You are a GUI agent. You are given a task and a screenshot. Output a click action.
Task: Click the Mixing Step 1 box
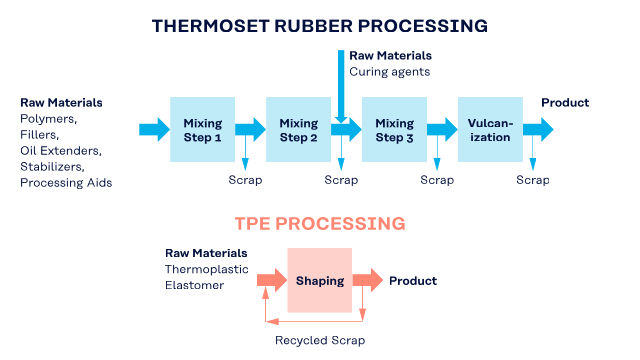coord(202,129)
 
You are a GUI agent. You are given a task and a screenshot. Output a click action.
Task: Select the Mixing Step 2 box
coord(298,129)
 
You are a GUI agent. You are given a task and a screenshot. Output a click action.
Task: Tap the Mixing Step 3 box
coord(394,129)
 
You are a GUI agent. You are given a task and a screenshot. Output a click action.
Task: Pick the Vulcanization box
coord(490,129)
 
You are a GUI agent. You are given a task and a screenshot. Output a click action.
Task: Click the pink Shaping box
coord(320,280)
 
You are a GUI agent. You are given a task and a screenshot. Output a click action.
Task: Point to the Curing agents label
coord(389,72)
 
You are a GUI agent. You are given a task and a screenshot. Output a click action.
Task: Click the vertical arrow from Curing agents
coord(341,86)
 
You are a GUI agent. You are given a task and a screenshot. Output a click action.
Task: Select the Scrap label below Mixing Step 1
coord(245,180)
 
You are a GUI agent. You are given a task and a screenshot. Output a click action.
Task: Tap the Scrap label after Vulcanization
coord(533,180)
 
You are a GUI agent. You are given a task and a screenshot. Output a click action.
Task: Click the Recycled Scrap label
coord(320,340)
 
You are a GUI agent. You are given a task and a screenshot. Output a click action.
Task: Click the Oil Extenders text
coord(61,151)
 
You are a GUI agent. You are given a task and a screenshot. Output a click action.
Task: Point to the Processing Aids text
coord(66,182)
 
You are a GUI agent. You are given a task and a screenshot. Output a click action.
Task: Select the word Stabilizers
coord(52,167)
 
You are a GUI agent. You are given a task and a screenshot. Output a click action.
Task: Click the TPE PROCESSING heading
coord(320,224)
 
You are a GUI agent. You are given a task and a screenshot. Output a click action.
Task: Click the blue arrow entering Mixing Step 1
coord(154,129)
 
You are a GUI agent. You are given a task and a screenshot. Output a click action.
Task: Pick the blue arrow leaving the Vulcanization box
coord(538,129)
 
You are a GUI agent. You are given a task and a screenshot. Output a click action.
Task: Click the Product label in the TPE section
coord(413,281)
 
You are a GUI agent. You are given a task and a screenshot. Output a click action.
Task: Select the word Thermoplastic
coord(207,269)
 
